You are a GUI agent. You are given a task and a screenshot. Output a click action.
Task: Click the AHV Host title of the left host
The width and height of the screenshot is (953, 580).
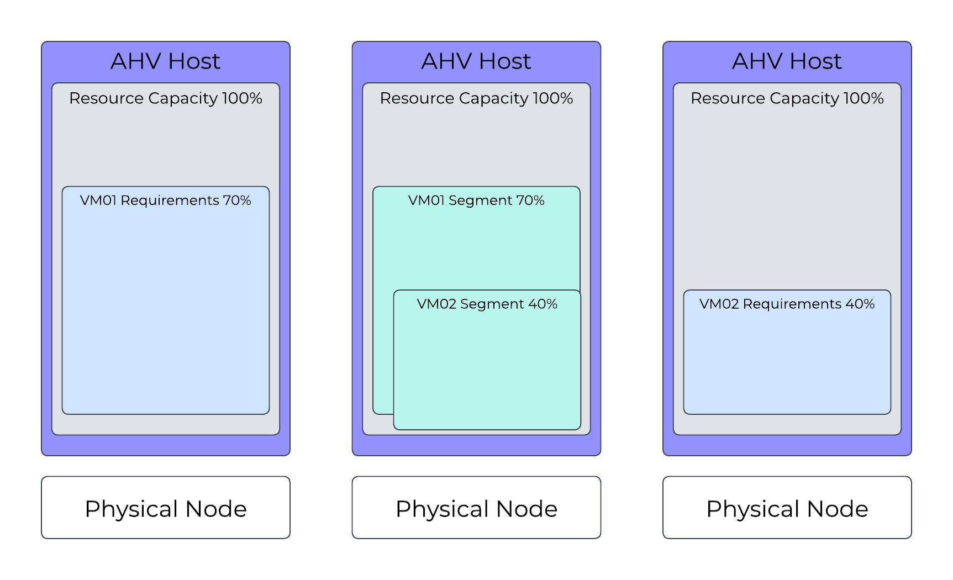coord(165,61)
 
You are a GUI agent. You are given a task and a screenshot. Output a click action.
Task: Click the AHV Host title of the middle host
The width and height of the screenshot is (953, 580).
coord(476,61)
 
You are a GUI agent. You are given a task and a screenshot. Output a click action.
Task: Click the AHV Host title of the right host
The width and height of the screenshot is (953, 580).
coord(787,61)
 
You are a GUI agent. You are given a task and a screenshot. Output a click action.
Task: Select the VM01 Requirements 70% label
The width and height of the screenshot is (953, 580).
coord(165,201)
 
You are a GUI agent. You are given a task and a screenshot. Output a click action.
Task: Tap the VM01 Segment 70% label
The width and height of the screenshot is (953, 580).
coord(476,201)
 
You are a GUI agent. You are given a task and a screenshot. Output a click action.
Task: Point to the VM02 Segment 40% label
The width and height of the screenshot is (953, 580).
coord(487,304)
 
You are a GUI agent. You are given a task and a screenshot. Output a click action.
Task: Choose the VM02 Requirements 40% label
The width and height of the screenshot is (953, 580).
coord(787,304)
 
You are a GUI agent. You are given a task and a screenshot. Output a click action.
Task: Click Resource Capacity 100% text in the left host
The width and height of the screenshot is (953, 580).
coord(165,98)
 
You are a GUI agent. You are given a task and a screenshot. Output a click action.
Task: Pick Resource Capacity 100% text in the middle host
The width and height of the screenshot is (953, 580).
coord(476,98)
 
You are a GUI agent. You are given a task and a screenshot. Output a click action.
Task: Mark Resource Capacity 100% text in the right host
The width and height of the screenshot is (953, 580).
coord(787,98)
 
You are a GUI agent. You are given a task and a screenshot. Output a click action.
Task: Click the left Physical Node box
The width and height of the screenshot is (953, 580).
coord(165,508)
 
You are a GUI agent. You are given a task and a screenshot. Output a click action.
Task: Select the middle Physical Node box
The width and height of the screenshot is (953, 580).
coord(476,508)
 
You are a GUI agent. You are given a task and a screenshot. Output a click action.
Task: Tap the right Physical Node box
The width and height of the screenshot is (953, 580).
coord(787,508)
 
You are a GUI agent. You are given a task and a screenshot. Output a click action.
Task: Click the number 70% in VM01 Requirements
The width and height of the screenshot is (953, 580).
coord(237,201)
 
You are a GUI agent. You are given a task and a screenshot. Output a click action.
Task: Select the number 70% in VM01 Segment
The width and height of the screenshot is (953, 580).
coord(530,201)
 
